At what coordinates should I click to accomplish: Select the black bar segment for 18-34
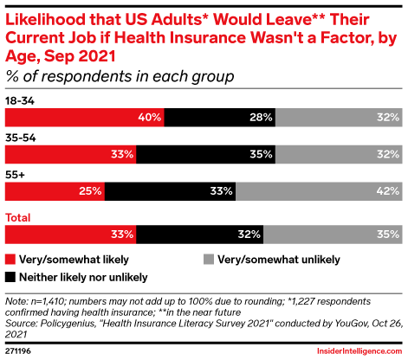219,117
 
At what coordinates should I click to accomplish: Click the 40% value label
148,117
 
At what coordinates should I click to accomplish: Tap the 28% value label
261,117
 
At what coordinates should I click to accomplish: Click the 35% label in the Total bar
387,234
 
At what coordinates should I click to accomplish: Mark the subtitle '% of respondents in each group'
120,77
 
